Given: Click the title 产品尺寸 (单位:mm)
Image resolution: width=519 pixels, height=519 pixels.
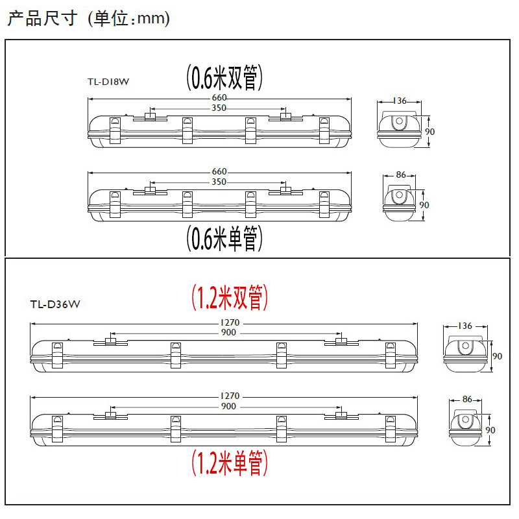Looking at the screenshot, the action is click(89, 19).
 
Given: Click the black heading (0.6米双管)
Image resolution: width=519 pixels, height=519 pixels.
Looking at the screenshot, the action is click(224, 78).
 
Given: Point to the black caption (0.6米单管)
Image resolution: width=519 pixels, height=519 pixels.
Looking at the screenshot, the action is click(224, 239).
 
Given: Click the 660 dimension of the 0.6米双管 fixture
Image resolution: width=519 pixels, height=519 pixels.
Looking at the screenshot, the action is click(219, 98).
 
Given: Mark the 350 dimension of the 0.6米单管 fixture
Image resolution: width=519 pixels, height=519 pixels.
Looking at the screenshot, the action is click(219, 182).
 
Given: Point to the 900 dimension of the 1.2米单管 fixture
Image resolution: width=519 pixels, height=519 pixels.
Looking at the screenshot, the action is click(229, 406).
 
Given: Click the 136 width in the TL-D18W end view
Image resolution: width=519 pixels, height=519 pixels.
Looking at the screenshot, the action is click(400, 101).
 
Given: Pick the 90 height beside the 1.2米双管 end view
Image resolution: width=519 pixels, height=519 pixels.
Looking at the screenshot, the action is click(498, 356).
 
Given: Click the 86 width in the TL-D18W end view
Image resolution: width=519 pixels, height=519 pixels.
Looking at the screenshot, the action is click(400, 175).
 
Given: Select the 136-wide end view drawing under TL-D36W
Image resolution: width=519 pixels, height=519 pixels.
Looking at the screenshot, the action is click(465, 354).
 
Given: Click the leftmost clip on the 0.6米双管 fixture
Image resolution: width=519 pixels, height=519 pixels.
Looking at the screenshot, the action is click(115, 132).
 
